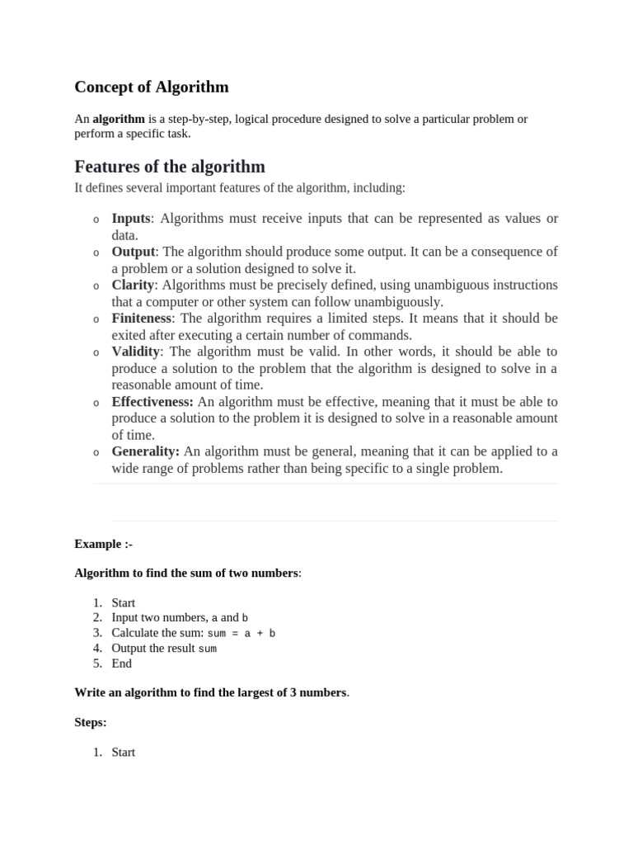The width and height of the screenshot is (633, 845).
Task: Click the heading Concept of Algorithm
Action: tap(152, 87)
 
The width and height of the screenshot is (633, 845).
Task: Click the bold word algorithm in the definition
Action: tap(119, 119)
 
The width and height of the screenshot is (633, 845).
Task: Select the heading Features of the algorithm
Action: tap(170, 167)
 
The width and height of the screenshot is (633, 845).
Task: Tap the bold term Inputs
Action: tap(131, 219)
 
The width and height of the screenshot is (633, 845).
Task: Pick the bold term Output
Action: tap(134, 252)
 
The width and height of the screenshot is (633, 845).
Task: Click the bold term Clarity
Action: tap(133, 285)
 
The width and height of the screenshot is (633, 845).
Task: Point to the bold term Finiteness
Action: tap(142, 318)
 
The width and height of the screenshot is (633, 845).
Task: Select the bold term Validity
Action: tap(135, 352)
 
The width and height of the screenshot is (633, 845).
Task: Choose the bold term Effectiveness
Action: tap(152, 402)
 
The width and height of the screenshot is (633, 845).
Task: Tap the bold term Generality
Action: tap(145, 451)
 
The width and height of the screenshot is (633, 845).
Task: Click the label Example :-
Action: tap(103, 544)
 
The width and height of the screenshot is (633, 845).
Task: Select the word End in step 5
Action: tap(121, 663)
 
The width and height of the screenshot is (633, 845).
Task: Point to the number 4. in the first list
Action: tap(97, 649)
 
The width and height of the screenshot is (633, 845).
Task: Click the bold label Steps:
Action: tap(91, 722)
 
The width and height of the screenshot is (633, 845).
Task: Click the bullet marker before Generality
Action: tap(96, 453)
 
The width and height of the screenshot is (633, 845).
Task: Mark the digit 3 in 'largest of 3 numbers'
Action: tap(293, 692)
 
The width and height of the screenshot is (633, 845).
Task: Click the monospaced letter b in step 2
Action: tap(245, 618)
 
